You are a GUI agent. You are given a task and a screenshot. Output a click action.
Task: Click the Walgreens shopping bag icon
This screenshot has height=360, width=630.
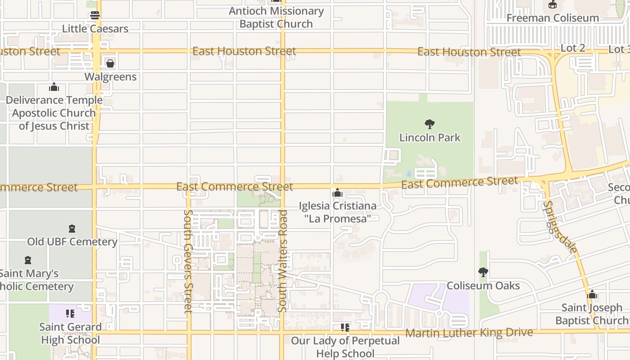[110, 63]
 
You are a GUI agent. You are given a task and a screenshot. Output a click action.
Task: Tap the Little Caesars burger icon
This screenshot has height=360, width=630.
[95, 15]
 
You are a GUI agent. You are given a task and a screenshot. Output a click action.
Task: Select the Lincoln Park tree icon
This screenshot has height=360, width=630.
[430, 124]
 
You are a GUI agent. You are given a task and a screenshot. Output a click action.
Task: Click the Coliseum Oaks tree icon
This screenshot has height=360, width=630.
[483, 272]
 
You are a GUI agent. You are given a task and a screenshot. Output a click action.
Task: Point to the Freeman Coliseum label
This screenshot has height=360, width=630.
[553, 18]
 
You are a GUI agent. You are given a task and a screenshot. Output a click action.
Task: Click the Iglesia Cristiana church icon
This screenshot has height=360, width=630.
[337, 193]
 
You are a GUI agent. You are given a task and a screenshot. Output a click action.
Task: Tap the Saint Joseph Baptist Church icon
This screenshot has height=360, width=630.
[592, 295]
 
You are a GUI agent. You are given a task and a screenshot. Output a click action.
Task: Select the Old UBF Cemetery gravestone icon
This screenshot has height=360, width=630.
[72, 229]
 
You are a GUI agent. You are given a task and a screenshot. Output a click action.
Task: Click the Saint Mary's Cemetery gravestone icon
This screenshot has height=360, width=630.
[28, 260]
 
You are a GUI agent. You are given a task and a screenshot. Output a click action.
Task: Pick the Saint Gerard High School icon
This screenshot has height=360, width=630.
[70, 313]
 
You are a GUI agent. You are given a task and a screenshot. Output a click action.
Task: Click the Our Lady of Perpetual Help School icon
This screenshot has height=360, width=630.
[345, 328]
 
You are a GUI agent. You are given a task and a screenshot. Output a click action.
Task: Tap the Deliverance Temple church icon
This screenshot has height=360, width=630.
[54, 87]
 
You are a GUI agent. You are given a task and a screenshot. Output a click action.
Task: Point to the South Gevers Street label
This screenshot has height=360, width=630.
[188, 261]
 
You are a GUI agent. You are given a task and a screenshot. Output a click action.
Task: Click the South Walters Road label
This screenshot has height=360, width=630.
[283, 261]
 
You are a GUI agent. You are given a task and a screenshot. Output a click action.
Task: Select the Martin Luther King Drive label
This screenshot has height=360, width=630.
[469, 333]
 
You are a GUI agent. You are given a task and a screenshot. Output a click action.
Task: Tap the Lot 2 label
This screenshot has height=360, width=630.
[573, 48]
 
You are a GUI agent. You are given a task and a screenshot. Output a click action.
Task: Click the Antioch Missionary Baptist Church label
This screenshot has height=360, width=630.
[276, 18]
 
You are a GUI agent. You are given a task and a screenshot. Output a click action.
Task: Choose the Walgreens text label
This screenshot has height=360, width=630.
[111, 77]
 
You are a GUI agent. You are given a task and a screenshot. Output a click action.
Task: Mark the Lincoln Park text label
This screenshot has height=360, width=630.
[430, 138]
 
